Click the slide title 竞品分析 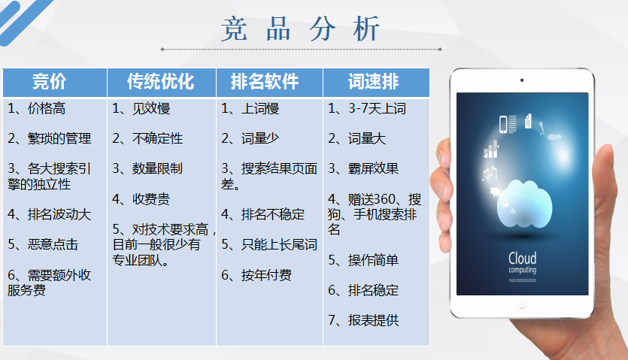click(x=300, y=29)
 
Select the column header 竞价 click(x=50, y=82)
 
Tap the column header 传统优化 click(x=161, y=82)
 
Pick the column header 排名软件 click(x=265, y=82)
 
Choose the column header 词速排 click(x=373, y=82)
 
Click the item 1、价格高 click(x=36, y=108)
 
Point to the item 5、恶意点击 click(x=43, y=244)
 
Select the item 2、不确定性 click(x=147, y=138)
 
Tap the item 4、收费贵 click(x=141, y=199)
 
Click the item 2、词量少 click(x=250, y=138)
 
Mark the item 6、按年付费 click(x=256, y=275)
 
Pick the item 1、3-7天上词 click(x=367, y=108)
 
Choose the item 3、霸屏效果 click(x=363, y=168)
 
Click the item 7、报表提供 click(x=363, y=320)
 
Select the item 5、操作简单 click(x=363, y=260)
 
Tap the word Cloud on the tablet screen click(x=522, y=258)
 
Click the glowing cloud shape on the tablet click(x=524, y=204)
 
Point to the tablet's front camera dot click(x=522, y=80)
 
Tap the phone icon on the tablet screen click(x=503, y=124)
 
